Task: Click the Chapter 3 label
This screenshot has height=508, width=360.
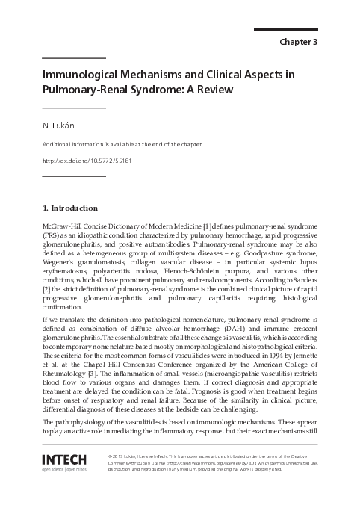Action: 299,42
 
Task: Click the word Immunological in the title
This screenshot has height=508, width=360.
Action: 81,75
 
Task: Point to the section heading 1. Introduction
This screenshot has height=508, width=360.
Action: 69,207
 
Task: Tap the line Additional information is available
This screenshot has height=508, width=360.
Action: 122,144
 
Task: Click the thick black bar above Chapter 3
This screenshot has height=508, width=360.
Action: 286,29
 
